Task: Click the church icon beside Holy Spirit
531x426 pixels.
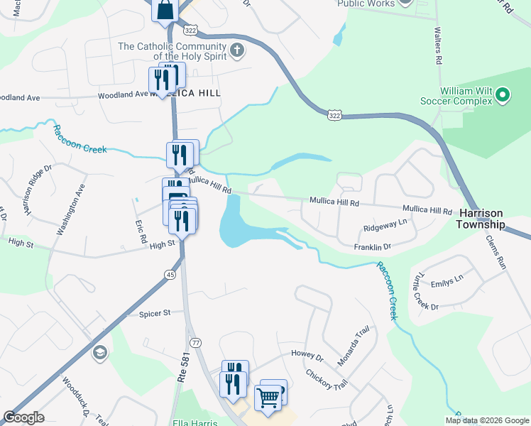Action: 237,51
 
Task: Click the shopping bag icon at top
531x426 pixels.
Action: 165,11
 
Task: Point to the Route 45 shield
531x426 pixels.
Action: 170,274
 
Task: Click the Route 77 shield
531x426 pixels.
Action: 196,342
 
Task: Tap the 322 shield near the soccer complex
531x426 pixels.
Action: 334,114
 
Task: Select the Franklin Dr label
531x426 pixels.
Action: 373,247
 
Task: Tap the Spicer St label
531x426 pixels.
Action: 155,312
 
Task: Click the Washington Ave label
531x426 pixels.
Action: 71,210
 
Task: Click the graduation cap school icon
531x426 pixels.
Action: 100,353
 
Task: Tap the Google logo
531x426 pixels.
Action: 24,417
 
